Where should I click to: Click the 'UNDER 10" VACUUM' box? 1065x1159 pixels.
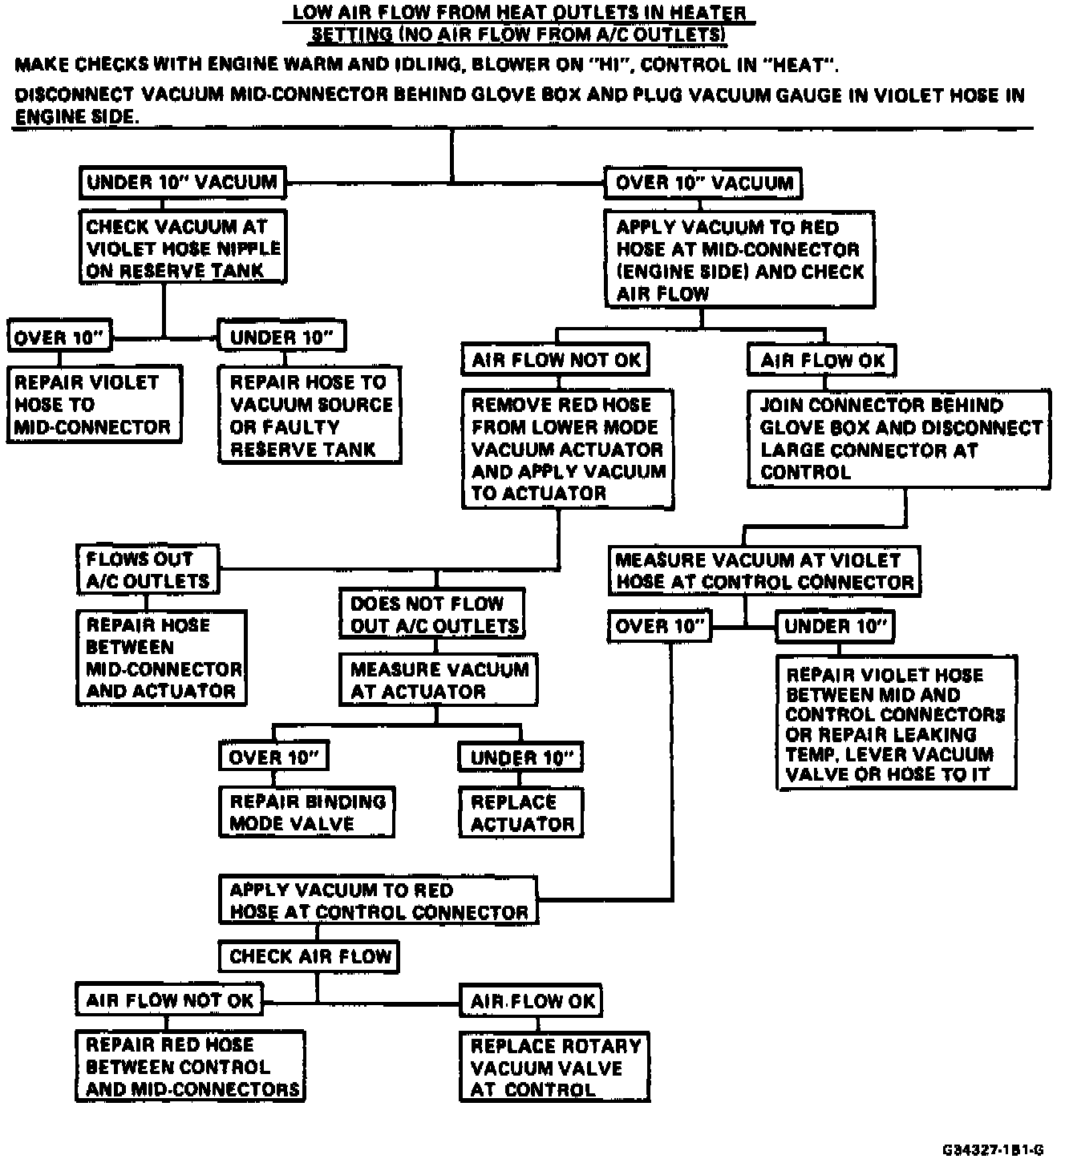(x=182, y=183)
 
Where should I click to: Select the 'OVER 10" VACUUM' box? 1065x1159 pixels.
(x=703, y=184)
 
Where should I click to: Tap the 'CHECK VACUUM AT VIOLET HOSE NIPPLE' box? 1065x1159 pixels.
(x=183, y=248)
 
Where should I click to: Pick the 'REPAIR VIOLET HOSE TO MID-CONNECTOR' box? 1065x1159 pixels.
(x=94, y=404)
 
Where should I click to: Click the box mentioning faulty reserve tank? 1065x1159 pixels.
(x=310, y=415)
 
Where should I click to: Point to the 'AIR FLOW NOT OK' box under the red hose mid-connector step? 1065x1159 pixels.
(x=556, y=360)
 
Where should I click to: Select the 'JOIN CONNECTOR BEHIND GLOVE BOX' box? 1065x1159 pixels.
(x=899, y=438)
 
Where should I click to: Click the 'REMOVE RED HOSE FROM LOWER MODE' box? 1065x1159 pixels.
(x=568, y=449)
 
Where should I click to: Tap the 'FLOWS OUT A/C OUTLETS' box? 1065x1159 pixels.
(x=148, y=569)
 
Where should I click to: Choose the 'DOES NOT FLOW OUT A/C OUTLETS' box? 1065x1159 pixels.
(x=433, y=614)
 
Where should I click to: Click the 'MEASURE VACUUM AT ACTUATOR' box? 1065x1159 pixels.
(x=439, y=680)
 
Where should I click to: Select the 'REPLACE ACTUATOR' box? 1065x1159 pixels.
(x=521, y=813)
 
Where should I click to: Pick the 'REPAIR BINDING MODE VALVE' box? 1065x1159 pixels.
(x=307, y=812)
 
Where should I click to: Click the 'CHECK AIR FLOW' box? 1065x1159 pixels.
(x=310, y=956)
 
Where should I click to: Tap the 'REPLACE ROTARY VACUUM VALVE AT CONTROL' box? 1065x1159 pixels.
(x=554, y=1067)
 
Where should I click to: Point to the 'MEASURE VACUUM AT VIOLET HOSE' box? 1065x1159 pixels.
(x=764, y=571)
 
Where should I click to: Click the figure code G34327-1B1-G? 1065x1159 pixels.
(x=993, y=1149)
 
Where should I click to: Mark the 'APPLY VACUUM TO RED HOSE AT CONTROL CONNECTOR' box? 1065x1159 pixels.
(x=379, y=901)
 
